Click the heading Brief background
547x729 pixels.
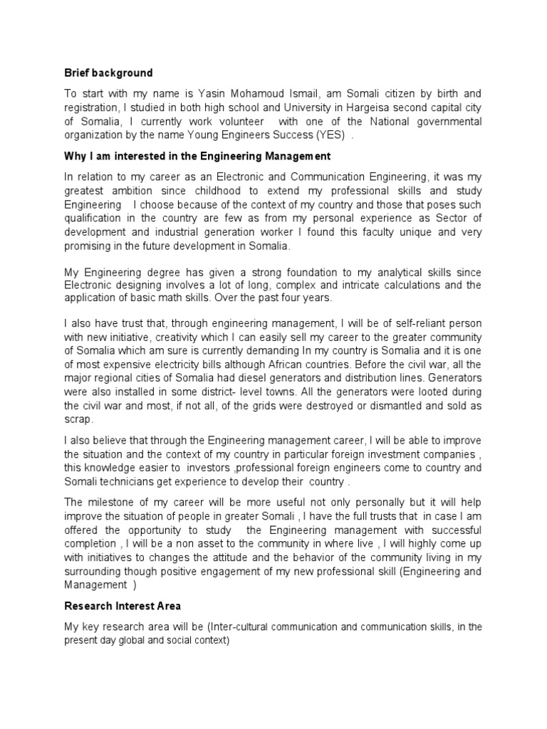coord(108,73)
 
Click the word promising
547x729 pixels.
coord(90,246)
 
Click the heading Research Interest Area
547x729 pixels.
coord(123,607)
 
